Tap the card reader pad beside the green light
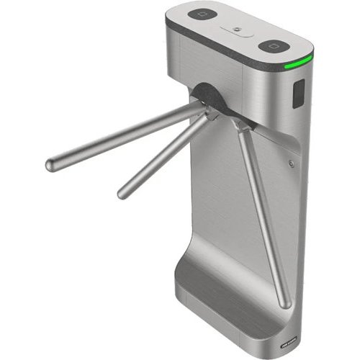click(273, 47)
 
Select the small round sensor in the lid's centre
click(235, 30)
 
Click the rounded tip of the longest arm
click(51, 164)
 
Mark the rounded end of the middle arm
click(122, 194)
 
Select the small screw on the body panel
click(291, 164)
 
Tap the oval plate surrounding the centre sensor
click(235, 31)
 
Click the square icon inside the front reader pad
click(273, 47)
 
